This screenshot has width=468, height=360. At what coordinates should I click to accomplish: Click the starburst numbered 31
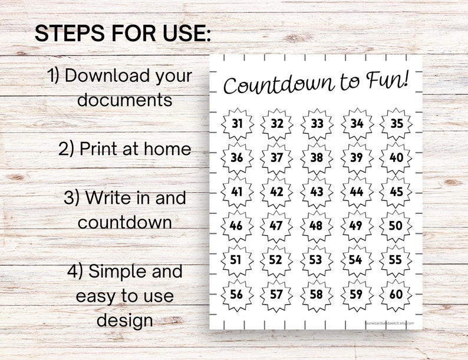pyautogui.click(x=237, y=124)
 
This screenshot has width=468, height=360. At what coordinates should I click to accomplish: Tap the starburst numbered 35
pyautogui.click(x=397, y=124)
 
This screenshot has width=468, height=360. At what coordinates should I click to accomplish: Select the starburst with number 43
pyautogui.click(x=317, y=192)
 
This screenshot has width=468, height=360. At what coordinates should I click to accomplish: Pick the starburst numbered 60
pyautogui.click(x=397, y=295)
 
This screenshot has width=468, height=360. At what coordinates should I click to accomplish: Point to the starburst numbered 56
pyautogui.click(x=237, y=295)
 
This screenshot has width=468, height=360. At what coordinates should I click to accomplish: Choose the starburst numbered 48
pyautogui.click(x=317, y=226)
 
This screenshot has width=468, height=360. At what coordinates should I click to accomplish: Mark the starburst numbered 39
pyautogui.click(x=357, y=158)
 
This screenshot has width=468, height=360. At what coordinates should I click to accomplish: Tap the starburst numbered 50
pyautogui.click(x=397, y=226)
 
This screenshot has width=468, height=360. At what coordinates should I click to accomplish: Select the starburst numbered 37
pyautogui.click(x=277, y=158)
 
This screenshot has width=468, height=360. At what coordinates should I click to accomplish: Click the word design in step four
pyautogui.click(x=124, y=320)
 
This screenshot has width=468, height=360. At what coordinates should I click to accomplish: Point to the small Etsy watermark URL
pyautogui.click(x=390, y=323)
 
